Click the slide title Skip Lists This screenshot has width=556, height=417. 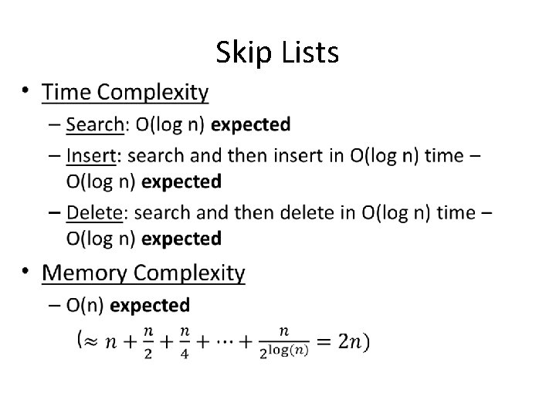coord(277,53)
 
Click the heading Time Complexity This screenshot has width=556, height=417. coord(125,93)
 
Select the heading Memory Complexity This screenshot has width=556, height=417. coord(144,273)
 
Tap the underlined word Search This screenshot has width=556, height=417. coord(94,124)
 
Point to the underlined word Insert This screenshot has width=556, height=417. coord(90,156)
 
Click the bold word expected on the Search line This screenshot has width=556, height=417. coord(250,124)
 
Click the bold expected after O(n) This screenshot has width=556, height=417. coord(150,305)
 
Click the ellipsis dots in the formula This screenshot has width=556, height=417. coord(229,341)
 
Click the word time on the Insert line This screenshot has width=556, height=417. coord(444,156)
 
